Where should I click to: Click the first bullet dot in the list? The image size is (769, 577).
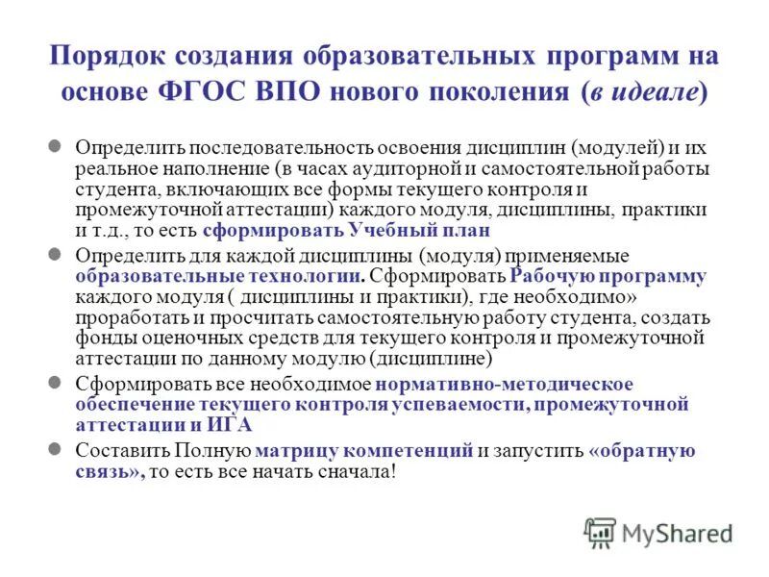coord(56,148)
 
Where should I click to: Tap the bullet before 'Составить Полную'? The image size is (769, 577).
coord(56,450)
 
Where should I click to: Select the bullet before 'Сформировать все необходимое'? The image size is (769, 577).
coord(56,382)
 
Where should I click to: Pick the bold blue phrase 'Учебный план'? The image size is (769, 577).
coord(439,231)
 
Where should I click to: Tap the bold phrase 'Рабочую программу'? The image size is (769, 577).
coord(608,277)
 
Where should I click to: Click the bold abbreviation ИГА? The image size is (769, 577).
coord(236,425)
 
